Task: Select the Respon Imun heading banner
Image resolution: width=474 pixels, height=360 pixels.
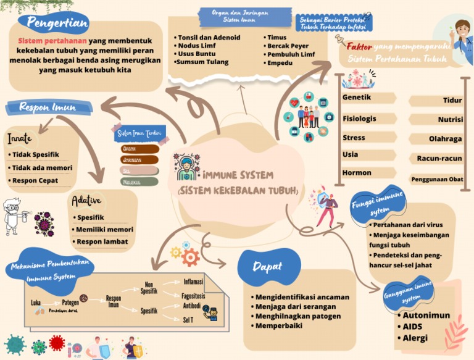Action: (48, 107)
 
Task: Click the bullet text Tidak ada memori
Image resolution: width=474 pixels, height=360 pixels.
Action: (42, 167)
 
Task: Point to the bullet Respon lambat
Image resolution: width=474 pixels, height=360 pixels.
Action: (102, 241)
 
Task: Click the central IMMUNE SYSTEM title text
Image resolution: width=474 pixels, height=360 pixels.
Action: (238, 175)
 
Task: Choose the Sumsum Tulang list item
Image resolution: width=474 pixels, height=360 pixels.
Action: (202, 62)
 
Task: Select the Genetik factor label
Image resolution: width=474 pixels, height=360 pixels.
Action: (357, 98)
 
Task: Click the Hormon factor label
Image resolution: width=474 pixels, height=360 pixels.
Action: (357, 173)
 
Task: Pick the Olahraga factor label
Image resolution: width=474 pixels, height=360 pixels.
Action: (445, 139)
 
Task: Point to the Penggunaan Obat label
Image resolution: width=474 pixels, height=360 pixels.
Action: (437, 179)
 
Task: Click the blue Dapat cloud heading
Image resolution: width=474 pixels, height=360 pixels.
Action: (268, 267)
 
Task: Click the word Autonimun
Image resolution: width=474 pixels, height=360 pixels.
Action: (426, 316)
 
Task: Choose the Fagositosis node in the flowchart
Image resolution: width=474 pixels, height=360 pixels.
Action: (193, 296)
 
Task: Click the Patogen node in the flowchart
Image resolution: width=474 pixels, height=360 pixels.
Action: (70, 303)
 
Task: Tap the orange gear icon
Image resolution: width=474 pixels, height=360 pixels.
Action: (190, 257)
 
